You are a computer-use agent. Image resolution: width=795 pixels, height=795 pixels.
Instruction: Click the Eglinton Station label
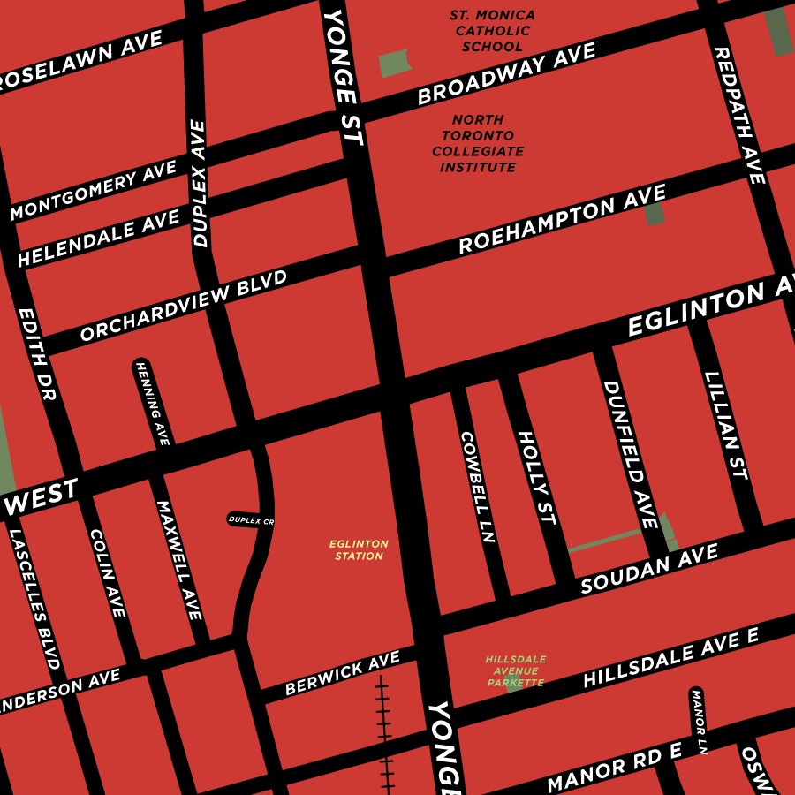click(x=359, y=550)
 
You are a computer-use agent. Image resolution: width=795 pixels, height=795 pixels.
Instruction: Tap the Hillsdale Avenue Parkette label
click(x=515, y=670)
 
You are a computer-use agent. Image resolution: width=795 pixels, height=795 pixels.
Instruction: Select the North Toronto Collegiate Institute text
click(x=478, y=143)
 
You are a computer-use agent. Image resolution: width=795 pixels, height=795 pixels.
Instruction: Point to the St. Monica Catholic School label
click(x=480, y=31)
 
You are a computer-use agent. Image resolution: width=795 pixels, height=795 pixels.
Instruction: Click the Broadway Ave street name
click(x=507, y=76)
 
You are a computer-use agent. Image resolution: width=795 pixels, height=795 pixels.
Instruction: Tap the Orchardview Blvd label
click(x=184, y=307)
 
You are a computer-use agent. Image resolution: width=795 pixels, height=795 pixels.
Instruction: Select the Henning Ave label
click(x=152, y=402)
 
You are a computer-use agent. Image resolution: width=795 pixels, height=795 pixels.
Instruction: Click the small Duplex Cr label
click(x=251, y=520)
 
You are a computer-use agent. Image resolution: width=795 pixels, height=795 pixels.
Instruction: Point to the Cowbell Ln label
click(x=478, y=486)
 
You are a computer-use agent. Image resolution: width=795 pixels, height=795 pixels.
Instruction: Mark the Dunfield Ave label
click(x=631, y=455)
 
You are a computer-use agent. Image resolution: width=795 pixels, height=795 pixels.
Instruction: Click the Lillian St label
click(x=727, y=425)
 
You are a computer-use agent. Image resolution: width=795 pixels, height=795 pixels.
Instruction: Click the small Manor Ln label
click(x=699, y=712)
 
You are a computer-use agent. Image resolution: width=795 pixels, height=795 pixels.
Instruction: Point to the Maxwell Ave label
click(x=179, y=560)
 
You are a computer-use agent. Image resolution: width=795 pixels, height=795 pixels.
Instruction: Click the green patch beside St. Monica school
click(x=395, y=63)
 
